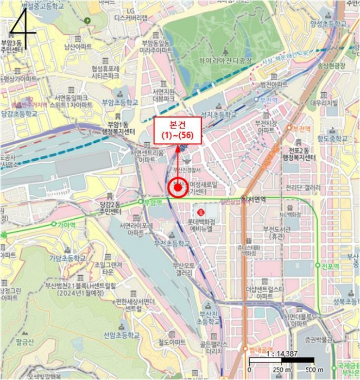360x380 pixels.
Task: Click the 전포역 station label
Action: coord(330,266)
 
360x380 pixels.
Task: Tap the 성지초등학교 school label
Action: coord(219,115)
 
